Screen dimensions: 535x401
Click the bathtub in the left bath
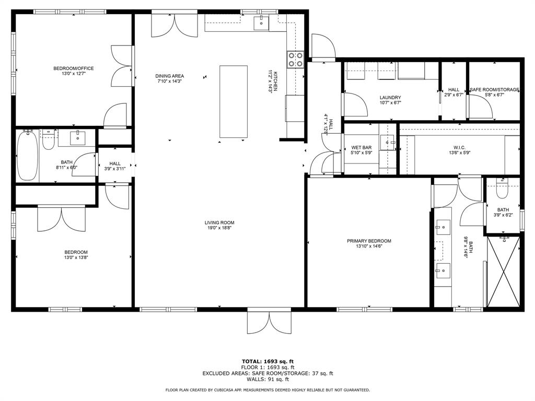[x=27, y=156]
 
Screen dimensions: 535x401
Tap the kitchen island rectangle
[x=234, y=102]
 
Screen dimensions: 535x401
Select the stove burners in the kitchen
[x=296, y=60]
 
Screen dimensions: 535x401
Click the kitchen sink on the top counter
[x=261, y=22]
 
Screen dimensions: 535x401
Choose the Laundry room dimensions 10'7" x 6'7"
[x=390, y=103]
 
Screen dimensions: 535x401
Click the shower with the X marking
[x=504, y=272]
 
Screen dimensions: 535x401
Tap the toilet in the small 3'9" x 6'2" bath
[x=502, y=191]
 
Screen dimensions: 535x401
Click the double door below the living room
[x=269, y=322]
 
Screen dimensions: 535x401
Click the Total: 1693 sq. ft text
[x=268, y=361]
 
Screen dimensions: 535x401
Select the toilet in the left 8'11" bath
[x=49, y=141]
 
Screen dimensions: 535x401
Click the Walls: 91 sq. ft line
[x=268, y=379]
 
